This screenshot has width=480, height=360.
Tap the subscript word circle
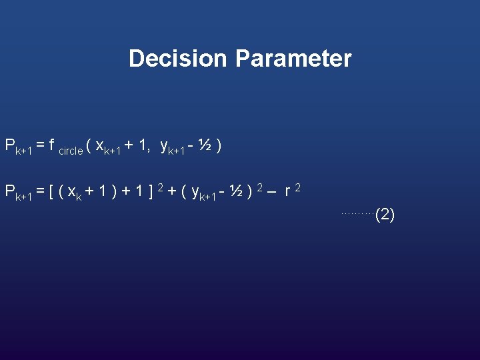point(71,151)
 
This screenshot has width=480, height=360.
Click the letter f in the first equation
point(52,145)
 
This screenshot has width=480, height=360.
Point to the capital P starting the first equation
point(10,145)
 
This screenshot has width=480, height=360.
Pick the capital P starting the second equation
point(10,191)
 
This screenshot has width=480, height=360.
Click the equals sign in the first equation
point(41,145)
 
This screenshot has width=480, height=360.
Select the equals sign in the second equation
point(41,192)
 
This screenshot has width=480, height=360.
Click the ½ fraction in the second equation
point(234,191)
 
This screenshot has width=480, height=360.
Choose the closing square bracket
point(151,192)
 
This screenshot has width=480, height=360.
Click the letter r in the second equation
point(287,192)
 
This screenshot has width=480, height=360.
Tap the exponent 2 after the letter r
point(298,187)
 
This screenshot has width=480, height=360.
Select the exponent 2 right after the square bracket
point(160,187)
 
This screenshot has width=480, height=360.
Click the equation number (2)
point(385,215)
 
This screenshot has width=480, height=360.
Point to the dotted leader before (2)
point(358,213)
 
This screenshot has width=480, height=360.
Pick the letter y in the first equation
point(165,145)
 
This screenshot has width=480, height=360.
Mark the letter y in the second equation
point(195,193)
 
